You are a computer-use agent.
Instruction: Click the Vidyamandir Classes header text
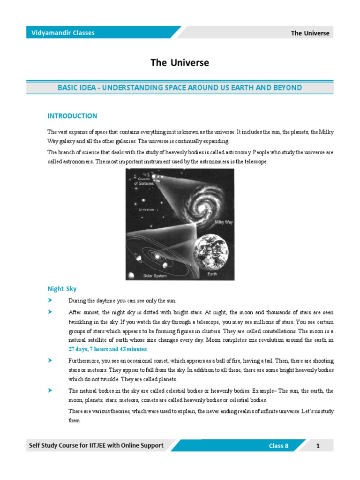click(x=63, y=33)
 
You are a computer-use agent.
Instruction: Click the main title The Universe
click(x=180, y=63)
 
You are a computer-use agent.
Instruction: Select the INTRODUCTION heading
click(x=72, y=116)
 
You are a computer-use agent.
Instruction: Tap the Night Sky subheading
click(x=62, y=289)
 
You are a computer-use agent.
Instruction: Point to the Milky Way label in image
click(x=224, y=222)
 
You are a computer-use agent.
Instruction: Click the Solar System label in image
click(x=155, y=276)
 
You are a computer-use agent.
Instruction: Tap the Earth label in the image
click(x=212, y=273)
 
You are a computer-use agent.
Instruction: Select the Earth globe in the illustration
click(x=211, y=249)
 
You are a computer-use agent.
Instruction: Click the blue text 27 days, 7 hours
click(x=108, y=349)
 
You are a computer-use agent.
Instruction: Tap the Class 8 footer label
click(x=278, y=446)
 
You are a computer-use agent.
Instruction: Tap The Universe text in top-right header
click(x=310, y=33)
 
